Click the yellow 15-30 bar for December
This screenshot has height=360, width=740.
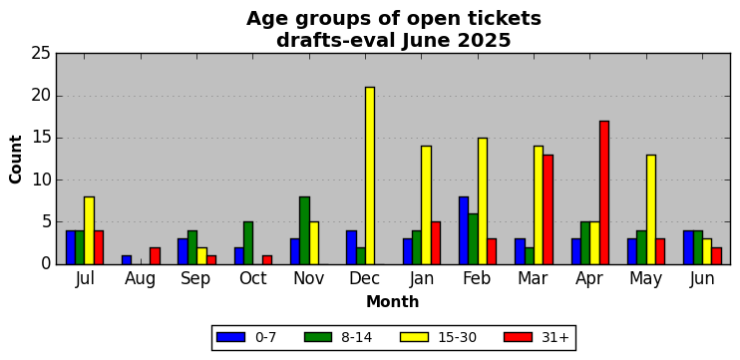(x=370, y=176)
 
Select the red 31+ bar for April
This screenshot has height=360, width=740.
(x=604, y=192)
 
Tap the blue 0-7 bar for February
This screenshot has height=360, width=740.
(x=464, y=230)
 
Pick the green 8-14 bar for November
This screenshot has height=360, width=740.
(x=304, y=230)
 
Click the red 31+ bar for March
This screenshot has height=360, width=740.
(x=548, y=209)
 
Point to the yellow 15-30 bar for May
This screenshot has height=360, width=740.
(x=651, y=209)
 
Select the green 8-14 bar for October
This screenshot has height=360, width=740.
(x=248, y=243)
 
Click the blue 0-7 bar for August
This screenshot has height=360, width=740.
(x=127, y=260)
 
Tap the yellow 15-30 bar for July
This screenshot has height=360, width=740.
(x=89, y=230)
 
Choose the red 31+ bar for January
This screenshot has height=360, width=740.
(x=436, y=243)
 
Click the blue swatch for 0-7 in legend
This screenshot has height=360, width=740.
(x=230, y=337)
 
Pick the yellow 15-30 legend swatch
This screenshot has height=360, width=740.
(x=414, y=337)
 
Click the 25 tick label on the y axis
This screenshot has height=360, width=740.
(x=41, y=54)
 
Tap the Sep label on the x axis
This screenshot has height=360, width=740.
(x=195, y=279)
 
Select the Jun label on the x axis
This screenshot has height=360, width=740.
(x=702, y=279)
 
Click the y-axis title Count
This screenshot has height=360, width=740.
(x=16, y=159)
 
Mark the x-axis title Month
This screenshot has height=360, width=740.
(x=393, y=301)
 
